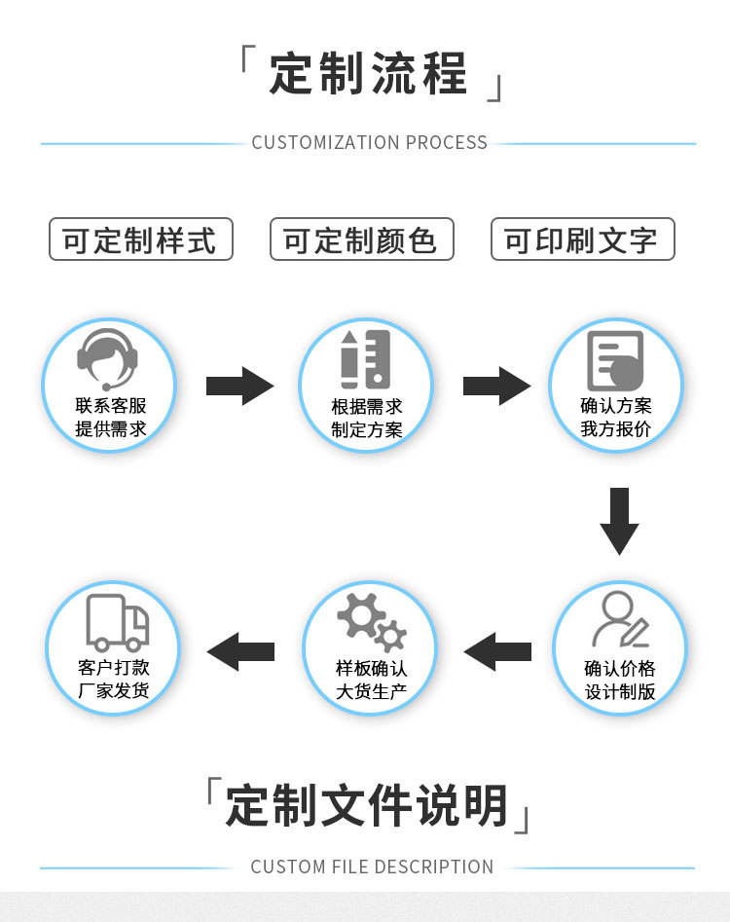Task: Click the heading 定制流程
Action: (x=369, y=73)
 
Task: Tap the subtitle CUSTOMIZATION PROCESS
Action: (x=369, y=142)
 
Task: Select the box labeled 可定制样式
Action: (x=141, y=240)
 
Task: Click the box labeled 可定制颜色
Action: (x=361, y=240)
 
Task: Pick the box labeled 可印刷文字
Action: (x=582, y=240)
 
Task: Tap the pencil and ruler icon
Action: (x=366, y=359)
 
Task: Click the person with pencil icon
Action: (x=620, y=620)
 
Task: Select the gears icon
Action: (x=371, y=621)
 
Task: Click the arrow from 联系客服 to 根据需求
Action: (x=239, y=386)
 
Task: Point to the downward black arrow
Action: (x=619, y=520)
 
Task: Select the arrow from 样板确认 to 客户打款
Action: (x=240, y=650)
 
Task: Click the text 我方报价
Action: (x=616, y=428)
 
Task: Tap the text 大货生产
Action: (x=371, y=692)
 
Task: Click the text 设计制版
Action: (x=620, y=692)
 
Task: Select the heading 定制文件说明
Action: (x=368, y=806)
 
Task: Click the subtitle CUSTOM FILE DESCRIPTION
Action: (x=372, y=867)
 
